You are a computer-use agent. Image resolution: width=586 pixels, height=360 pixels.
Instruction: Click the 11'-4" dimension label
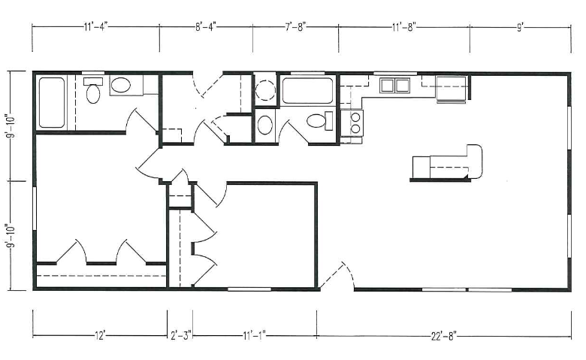coord(95,27)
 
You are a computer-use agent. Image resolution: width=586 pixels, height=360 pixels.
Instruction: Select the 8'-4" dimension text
coord(206,27)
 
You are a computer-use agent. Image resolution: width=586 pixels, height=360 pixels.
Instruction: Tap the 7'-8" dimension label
coord(296,27)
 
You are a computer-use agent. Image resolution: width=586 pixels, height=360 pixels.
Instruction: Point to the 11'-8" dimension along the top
coord(404,27)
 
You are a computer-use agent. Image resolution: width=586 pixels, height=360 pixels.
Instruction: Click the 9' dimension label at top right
coord(521,28)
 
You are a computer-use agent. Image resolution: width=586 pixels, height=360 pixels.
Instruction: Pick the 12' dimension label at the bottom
coord(100,336)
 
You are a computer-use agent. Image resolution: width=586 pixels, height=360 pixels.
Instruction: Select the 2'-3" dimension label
coord(181,336)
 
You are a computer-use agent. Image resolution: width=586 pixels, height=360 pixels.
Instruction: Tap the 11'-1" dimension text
coord(254,336)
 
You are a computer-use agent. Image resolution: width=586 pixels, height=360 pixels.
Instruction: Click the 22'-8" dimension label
coord(444,337)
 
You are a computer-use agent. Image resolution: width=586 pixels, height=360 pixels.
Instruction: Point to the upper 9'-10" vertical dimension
coord(12,126)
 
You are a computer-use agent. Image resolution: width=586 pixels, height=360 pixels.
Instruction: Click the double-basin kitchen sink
coord(394,85)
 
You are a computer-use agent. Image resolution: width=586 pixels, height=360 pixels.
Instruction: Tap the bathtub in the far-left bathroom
coord(52,102)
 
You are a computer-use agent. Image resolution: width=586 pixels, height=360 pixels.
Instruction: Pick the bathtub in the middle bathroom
coord(307,90)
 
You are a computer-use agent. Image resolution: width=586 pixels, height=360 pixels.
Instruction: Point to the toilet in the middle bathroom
coord(320,121)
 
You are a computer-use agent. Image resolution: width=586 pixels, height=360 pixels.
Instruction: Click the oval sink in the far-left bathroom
coord(121,85)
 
